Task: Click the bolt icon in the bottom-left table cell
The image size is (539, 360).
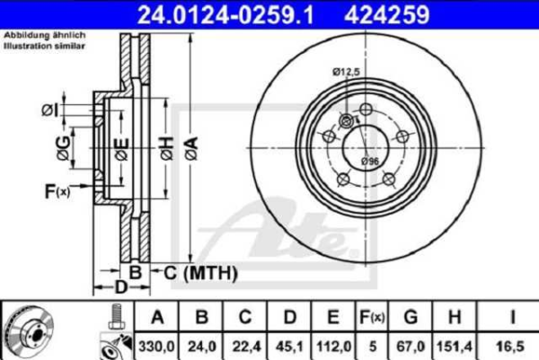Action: [x=114, y=316]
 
